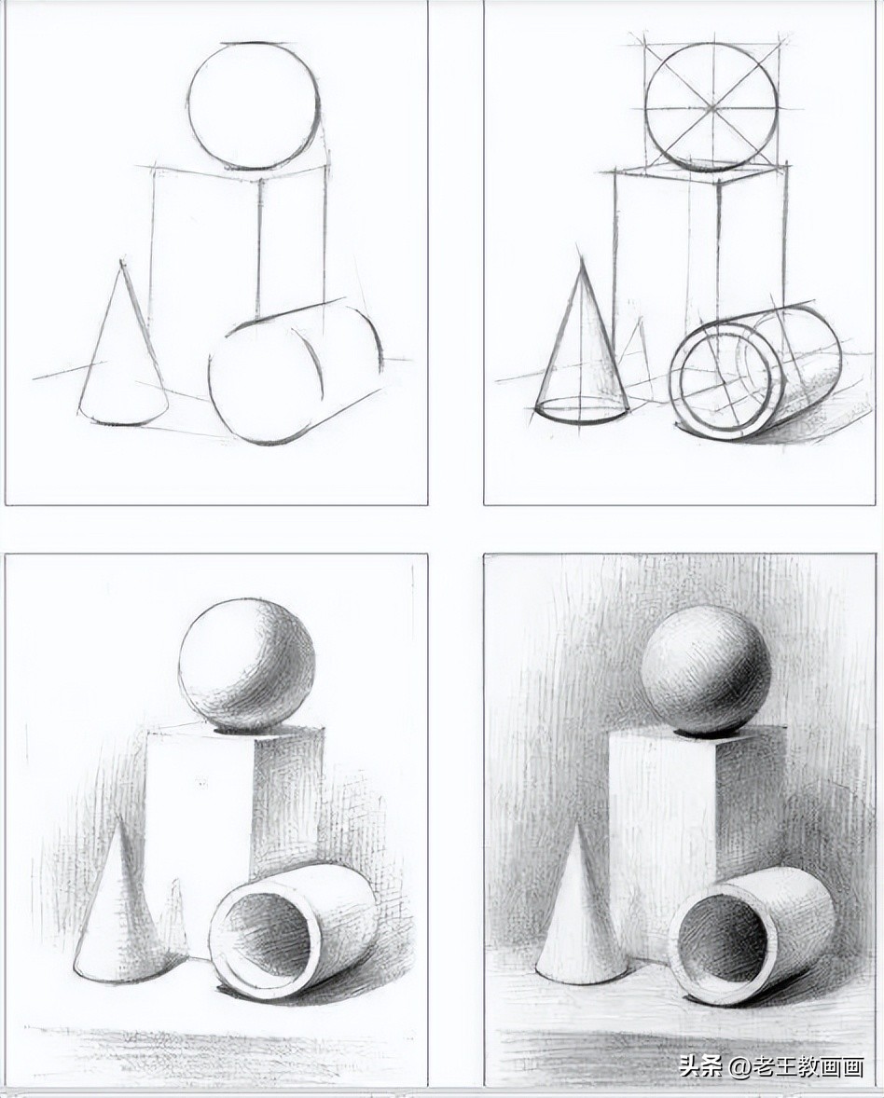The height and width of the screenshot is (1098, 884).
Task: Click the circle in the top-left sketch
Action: (254, 105)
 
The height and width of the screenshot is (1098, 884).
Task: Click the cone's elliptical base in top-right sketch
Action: (582, 408)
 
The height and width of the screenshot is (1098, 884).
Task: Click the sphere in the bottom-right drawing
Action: (706, 668)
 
